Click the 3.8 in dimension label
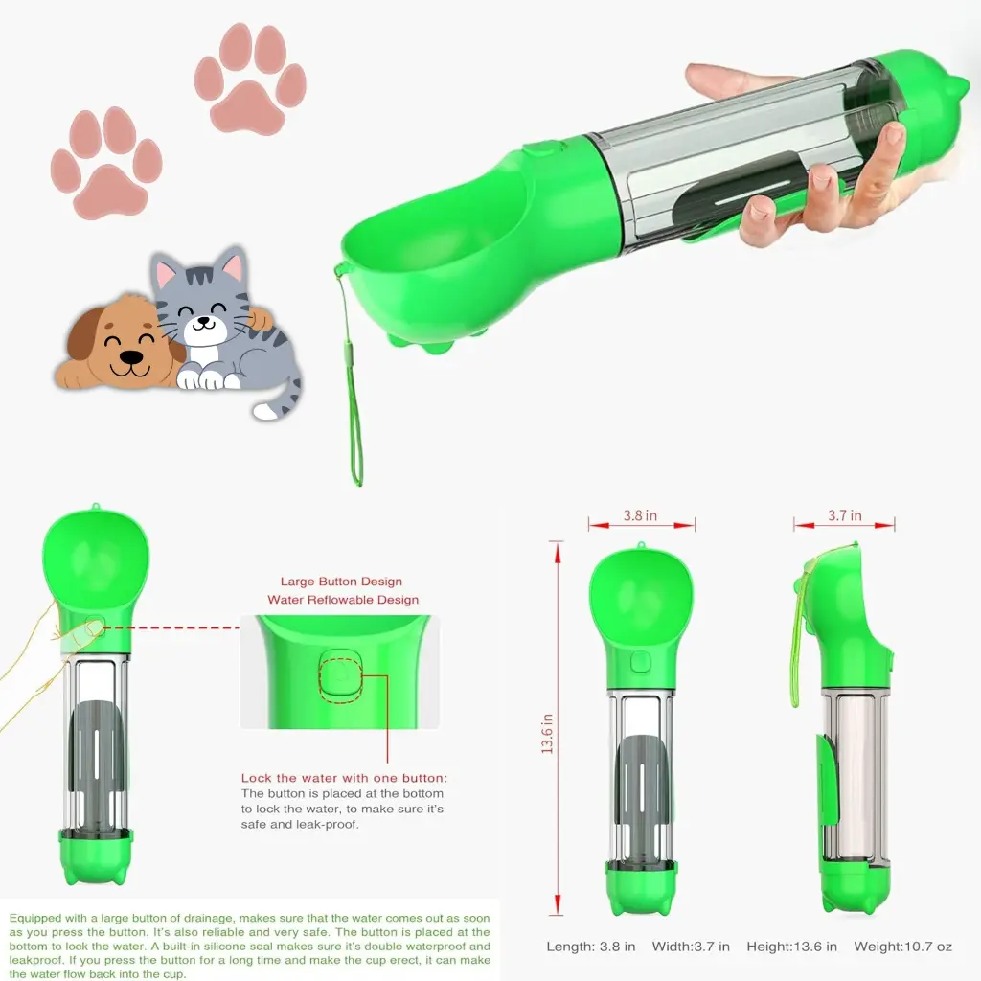click(640, 515)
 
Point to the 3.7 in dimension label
click(844, 515)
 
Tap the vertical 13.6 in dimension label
click(548, 732)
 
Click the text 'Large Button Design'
click(341, 582)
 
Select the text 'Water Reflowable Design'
click(343, 600)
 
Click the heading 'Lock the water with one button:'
click(344, 778)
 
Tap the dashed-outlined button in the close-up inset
click(337, 671)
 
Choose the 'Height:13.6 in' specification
click(792, 947)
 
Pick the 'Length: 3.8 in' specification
click(591, 947)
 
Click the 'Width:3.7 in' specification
click(691, 947)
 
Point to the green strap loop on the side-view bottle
click(797, 642)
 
